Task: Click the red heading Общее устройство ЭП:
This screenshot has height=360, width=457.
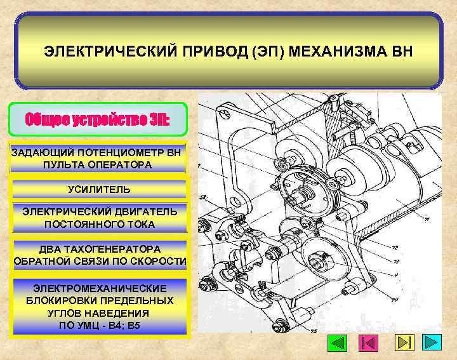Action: (x=98, y=119)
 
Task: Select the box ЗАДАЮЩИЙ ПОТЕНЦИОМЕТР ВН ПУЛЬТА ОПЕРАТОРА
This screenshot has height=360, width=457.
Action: (x=97, y=159)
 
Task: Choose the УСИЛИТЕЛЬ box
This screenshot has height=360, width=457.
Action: (x=99, y=189)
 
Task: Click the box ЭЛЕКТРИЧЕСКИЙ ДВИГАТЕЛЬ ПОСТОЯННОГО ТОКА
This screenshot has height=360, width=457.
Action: (x=99, y=218)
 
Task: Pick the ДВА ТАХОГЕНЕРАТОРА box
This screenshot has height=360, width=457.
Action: (x=100, y=255)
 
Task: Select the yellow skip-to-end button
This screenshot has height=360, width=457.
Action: (x=404, y=343)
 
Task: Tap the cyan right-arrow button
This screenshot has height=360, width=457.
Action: (x=433, y=343)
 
